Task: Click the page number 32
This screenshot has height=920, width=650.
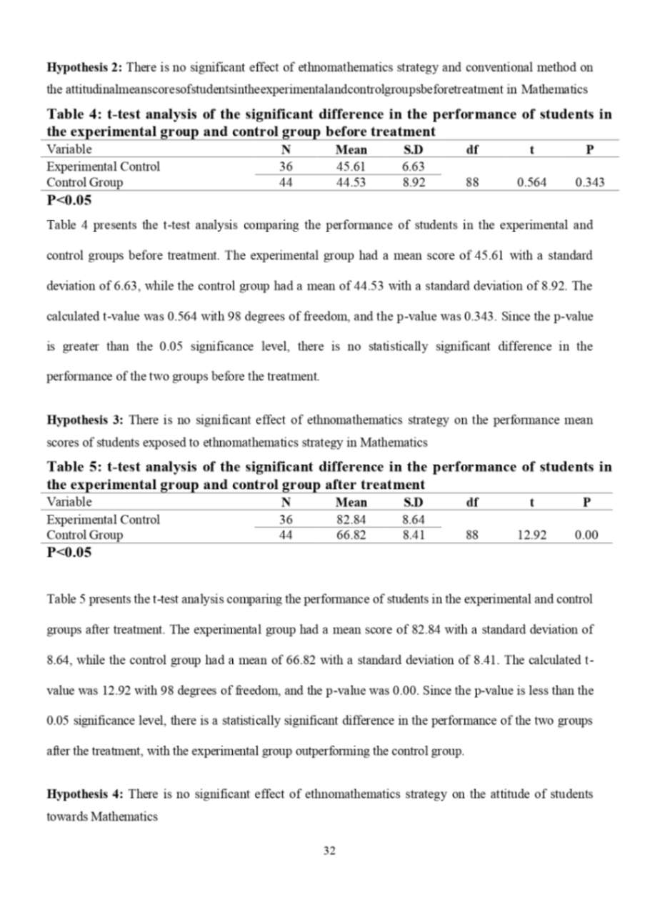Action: tap(329, 851)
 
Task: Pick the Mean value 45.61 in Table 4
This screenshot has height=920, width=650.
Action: tap(351, 167)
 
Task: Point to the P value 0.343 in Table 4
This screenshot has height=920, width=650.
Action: tap(589, 183)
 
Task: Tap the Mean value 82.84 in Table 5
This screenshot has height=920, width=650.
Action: tap(351, 520)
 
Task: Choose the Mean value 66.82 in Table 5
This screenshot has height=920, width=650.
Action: tap(351, 535)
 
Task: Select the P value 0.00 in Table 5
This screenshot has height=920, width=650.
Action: tap(587, 535)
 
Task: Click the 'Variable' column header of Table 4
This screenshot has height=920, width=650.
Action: tap(69, 150)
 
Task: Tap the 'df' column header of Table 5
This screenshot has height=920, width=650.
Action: tap(471, 503)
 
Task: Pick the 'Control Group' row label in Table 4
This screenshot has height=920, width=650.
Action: tap(84, 183)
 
